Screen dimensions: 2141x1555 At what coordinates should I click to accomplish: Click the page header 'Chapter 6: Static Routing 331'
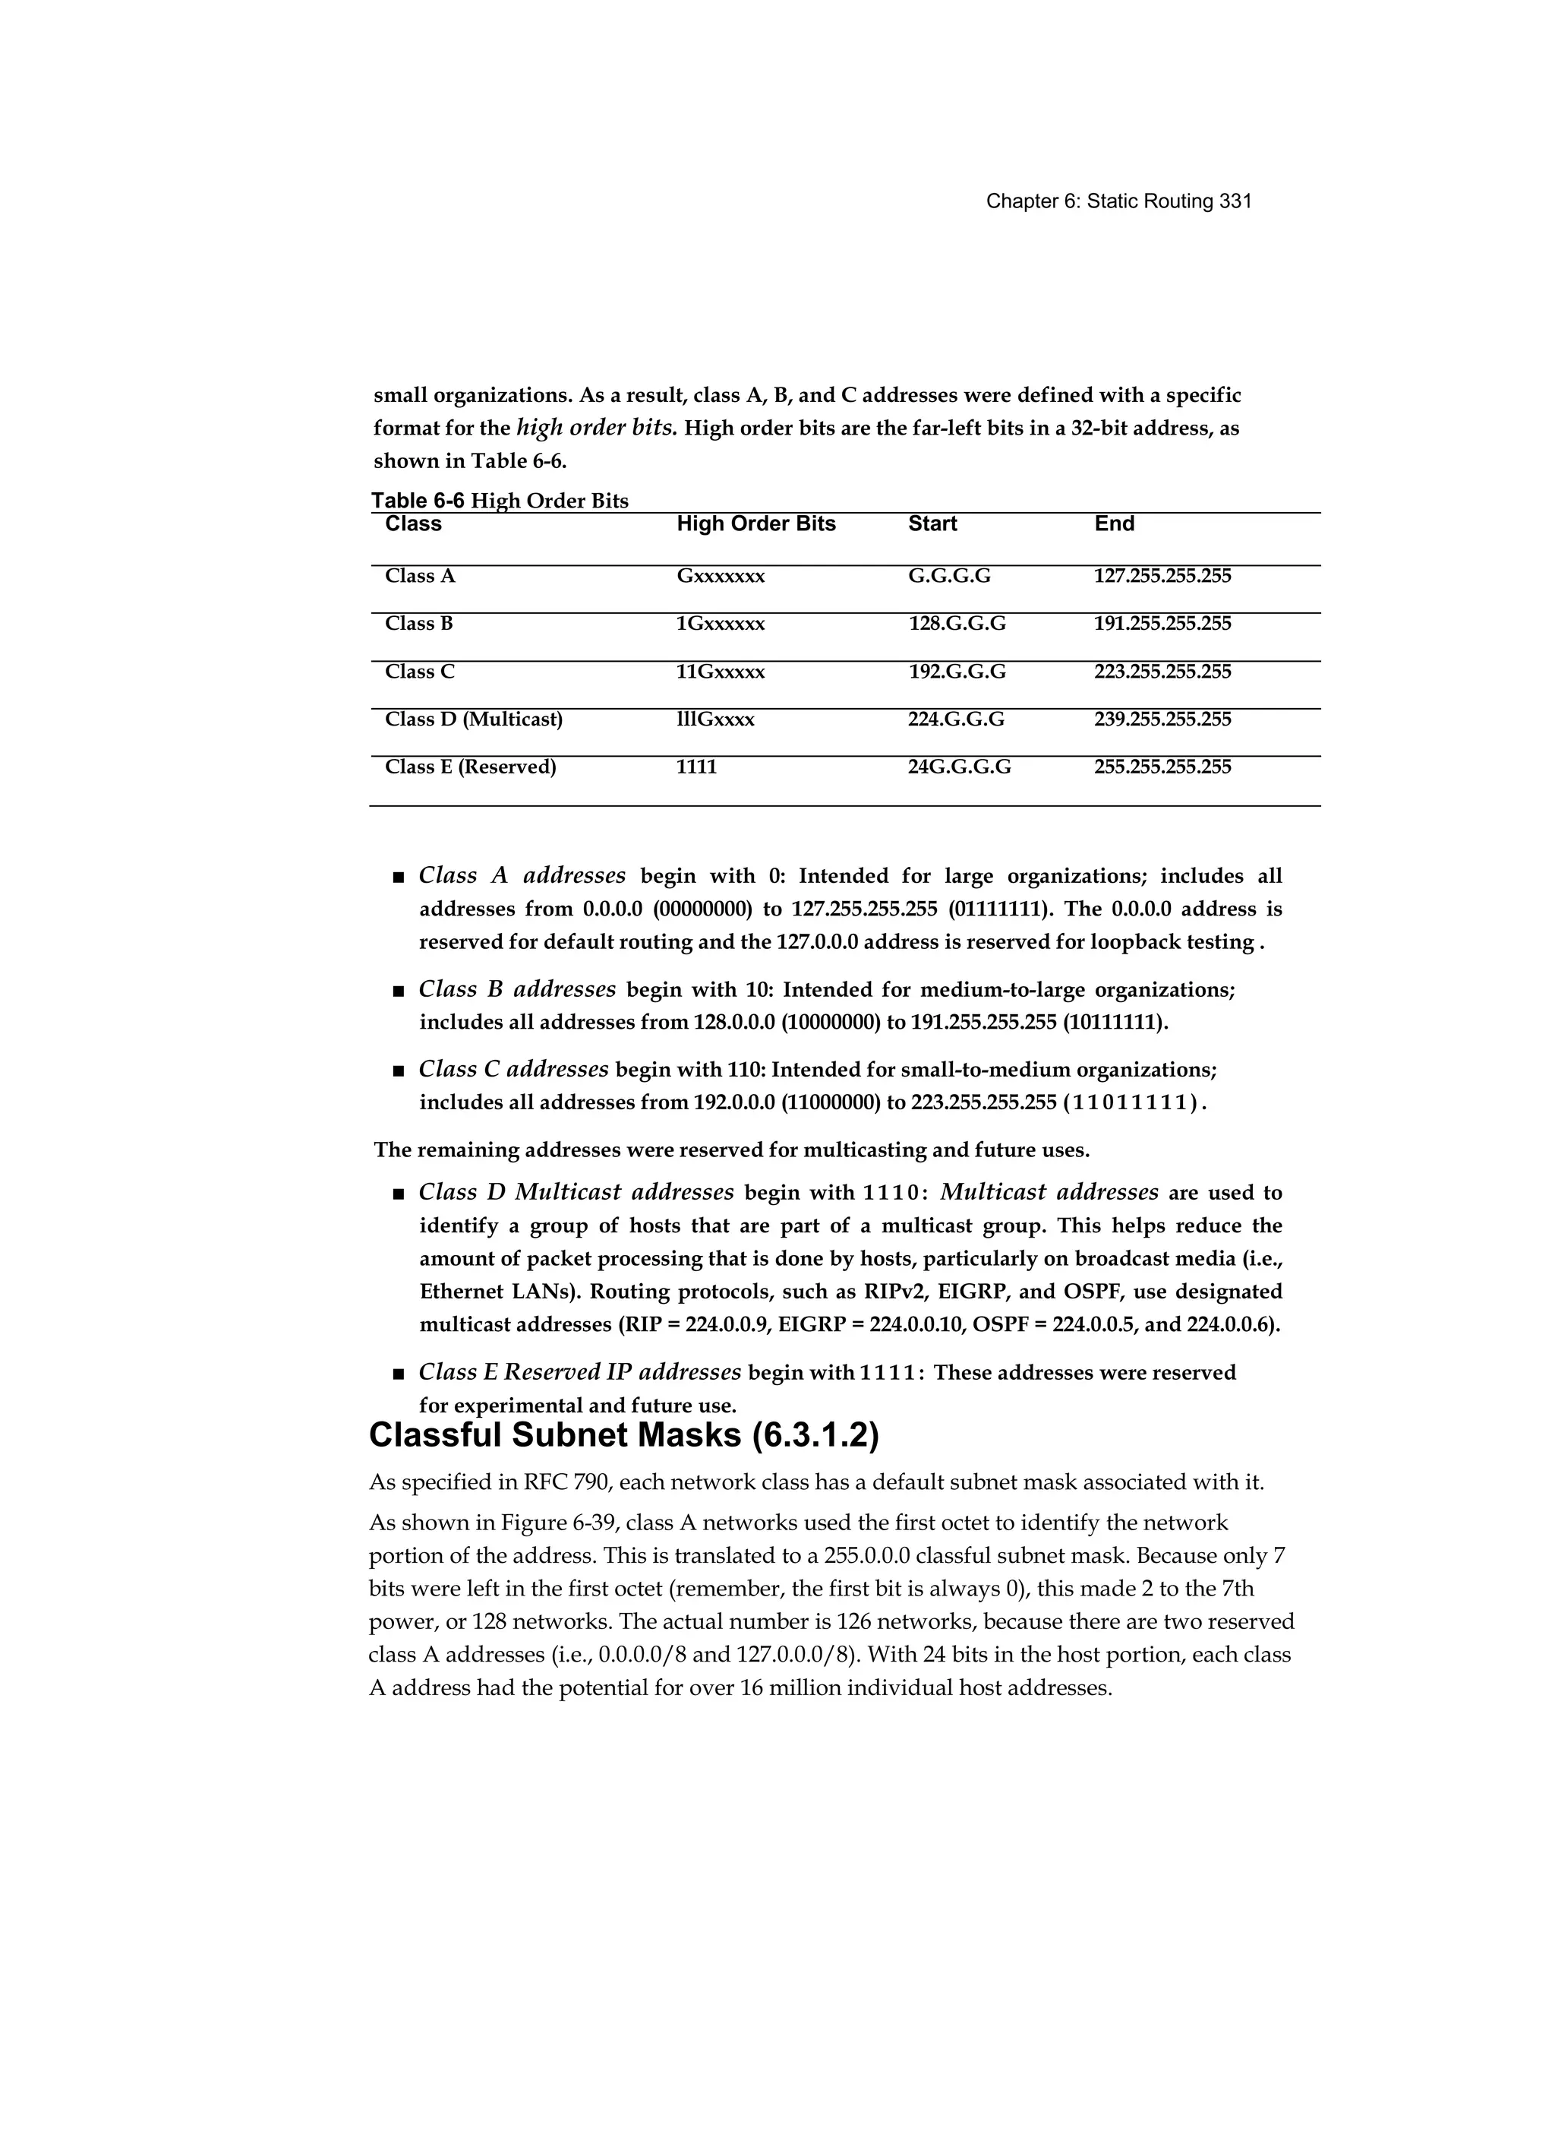(x=1118, y=201)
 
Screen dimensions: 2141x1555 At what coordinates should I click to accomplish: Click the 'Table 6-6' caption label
(x=417, y=501)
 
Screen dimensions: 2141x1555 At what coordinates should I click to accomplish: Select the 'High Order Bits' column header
(x=755, y=524)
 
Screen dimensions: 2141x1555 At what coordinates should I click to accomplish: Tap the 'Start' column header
(x=932, y=524)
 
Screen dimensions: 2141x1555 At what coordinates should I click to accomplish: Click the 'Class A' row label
(x=420, y=576)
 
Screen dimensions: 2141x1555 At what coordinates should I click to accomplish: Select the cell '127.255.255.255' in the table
(x=1162, y=576)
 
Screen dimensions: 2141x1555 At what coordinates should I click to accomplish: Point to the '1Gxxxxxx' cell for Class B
(x=720, y=624)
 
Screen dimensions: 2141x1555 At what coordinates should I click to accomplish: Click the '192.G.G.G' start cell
(x=956, y=672)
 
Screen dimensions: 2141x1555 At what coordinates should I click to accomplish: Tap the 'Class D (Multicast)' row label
(x=473, y=719)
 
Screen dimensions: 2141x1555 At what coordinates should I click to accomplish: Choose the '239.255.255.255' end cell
(x=1162, y=719)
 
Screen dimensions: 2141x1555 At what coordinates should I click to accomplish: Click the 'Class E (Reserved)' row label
(x=470, y=767)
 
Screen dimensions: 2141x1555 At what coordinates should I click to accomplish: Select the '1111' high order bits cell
(x=696, y=767)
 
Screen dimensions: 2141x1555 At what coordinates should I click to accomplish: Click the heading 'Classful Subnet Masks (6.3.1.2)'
(x=623, y=1436)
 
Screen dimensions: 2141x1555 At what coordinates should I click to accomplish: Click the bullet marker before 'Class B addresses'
(x=397, y=991)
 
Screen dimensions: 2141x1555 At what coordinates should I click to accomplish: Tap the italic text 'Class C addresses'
(x=513, y=1069)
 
